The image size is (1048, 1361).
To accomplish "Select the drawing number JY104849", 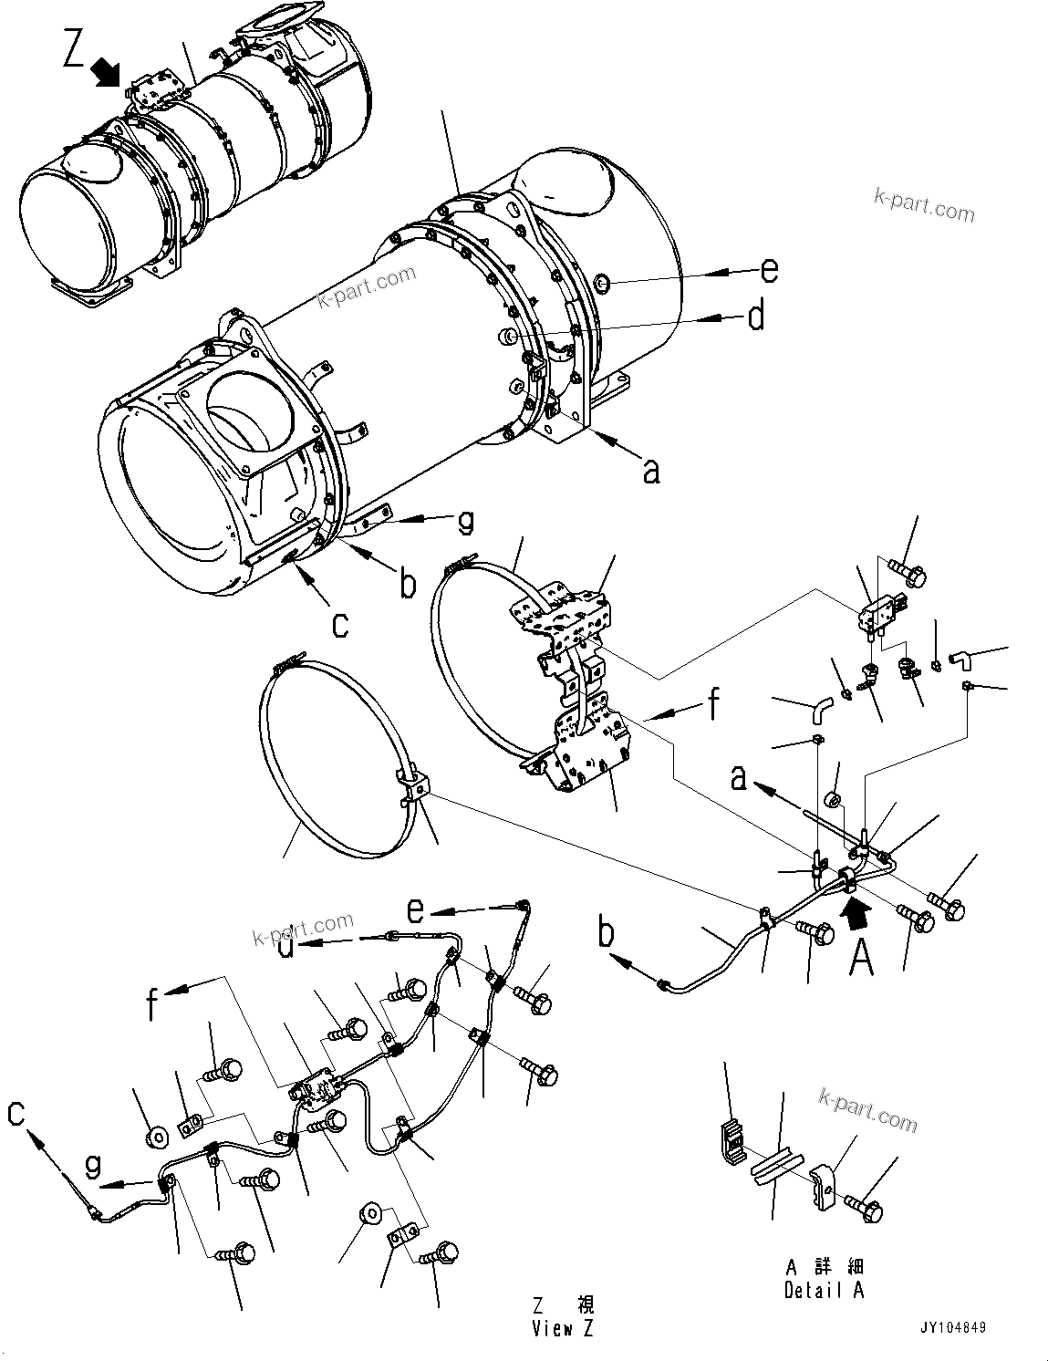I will click(x=953, y=1328).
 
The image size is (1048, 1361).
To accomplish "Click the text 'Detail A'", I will click(x=823, y=1291).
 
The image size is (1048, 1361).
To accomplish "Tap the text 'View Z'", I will click(x=563, y=1329).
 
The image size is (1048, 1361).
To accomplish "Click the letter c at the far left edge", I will click(x=16, y=1114).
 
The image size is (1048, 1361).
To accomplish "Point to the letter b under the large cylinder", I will click(x=408, y=583).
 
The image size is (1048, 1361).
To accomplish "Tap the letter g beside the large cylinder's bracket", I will click(x=465, y=522).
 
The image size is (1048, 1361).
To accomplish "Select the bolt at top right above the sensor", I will click(x=907, y=572).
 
